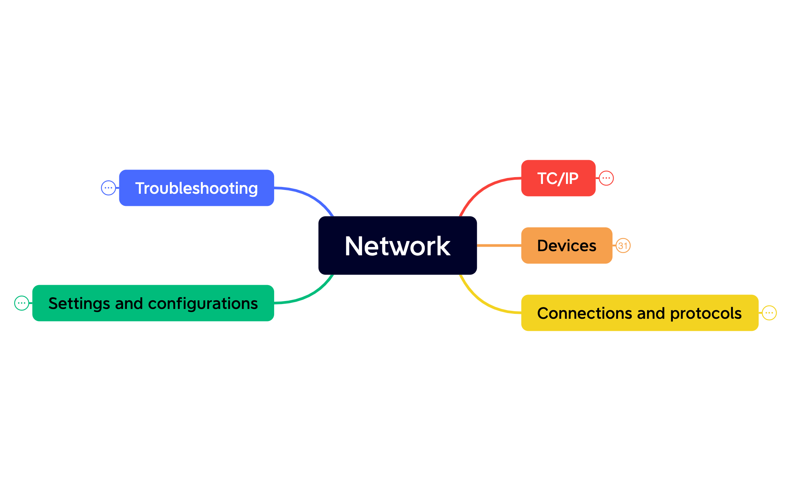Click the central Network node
click(x=397, y=246)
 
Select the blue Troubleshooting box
click(x=196, y=188)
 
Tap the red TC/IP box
click(x=558, y=178)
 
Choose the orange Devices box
click(x=566, y=246)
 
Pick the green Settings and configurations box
click(x=153, y=303)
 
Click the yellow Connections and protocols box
click(x=639, y=313)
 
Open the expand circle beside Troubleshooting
click(x=108, y=188)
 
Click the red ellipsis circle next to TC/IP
click(x=606, y=178)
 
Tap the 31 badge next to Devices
click(x=623, y=246)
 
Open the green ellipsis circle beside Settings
click(x=22, y=303)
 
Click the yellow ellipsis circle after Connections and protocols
click(x=769, y=313)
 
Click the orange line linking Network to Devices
click(x=499, y=246)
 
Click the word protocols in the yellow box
click(x=706, y=313)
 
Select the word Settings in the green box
click(x=79, y=304)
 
